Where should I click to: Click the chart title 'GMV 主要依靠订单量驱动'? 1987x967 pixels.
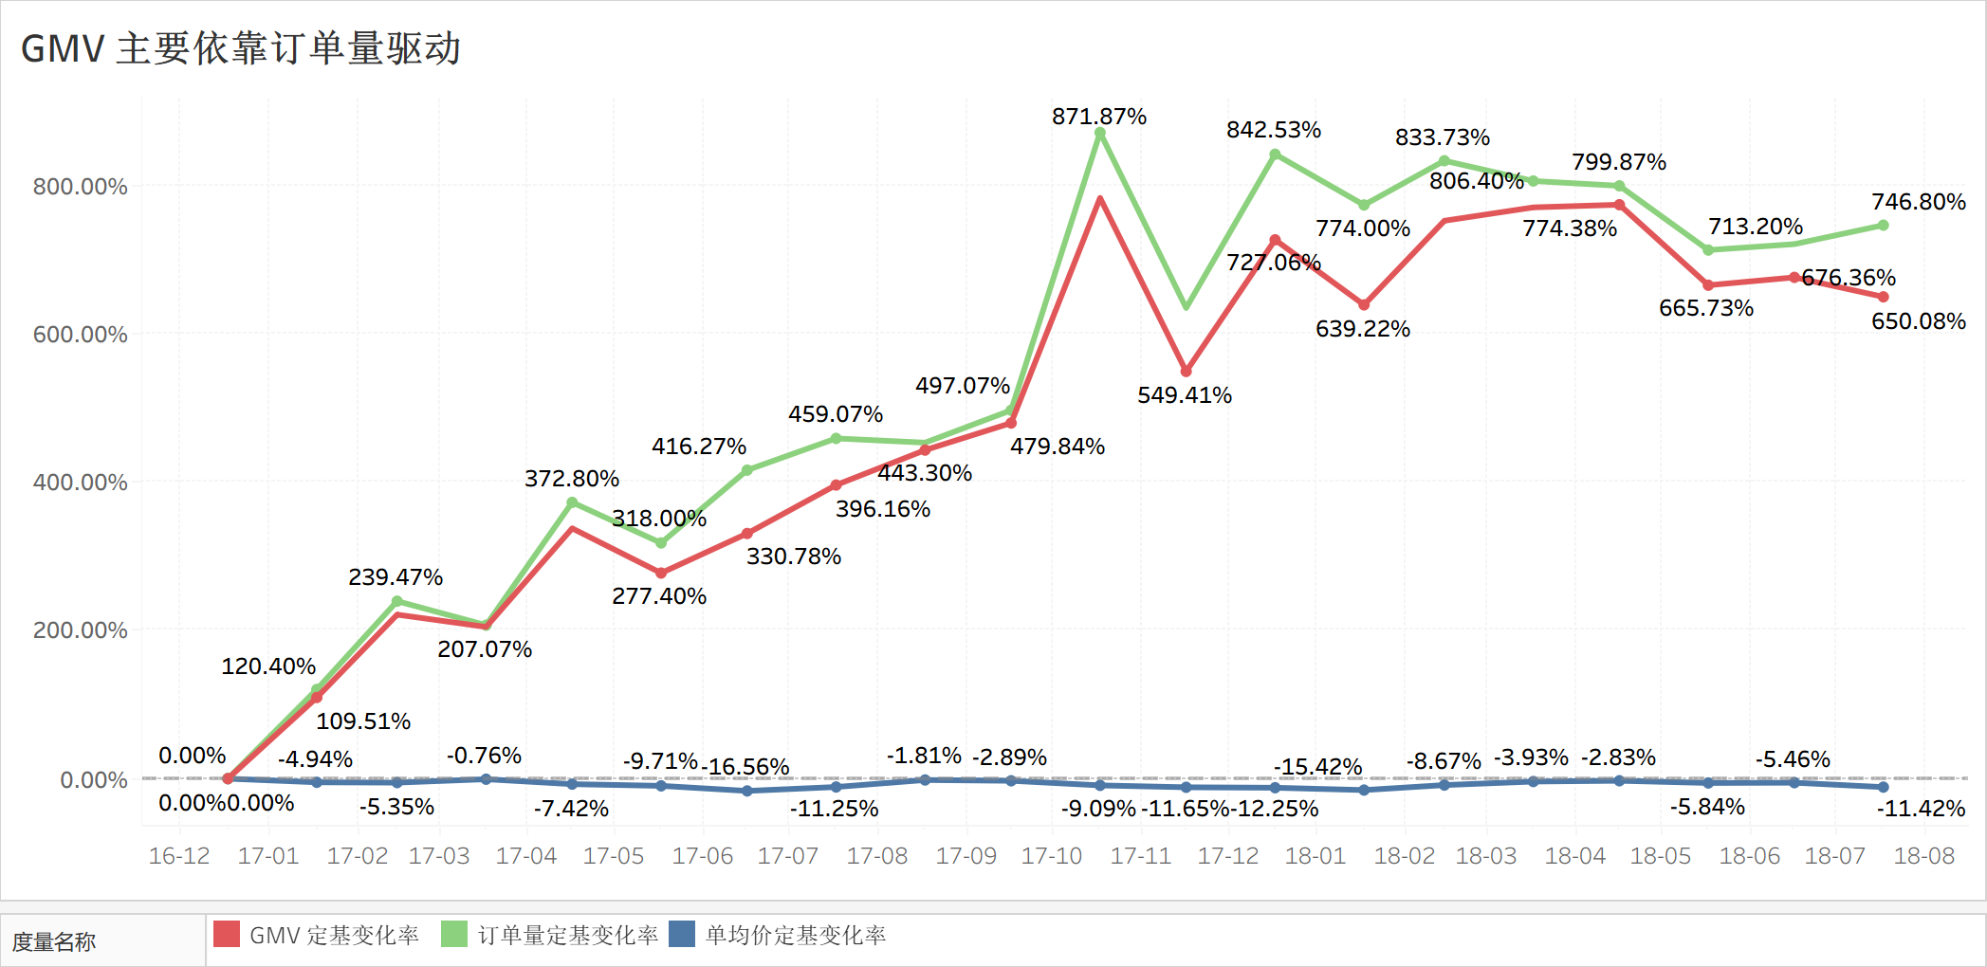(x=241, y=48)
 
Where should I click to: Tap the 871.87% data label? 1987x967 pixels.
(x=1099, y=117)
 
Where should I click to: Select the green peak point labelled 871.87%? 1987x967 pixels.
(x=1100, y=134)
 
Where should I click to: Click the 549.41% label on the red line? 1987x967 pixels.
(x=1185, y=395)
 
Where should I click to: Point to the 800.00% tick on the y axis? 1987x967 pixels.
(x=80, y=187)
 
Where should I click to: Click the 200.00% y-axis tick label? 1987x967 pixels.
(x=80, y=630)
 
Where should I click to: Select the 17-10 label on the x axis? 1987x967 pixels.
(x=1051, y=856)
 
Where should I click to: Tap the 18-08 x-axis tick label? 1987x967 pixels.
(x=1923, y=856)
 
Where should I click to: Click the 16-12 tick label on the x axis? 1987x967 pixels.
(x=179, y=856)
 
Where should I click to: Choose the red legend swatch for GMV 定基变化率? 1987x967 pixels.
(x=227, y=935)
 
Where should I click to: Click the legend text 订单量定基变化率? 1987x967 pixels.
(x=567, y=936)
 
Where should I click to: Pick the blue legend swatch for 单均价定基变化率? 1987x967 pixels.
(x=682, y=935)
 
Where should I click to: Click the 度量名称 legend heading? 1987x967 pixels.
(x=54, y=941)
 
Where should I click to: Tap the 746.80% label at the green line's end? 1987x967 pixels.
(x=1918, y=202)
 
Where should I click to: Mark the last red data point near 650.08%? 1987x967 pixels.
(x=1884, y=297)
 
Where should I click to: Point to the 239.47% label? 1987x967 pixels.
(x=396, y=577)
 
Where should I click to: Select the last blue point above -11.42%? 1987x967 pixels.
(x=1884, y=787)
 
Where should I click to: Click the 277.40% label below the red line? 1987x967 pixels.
(x=659, y=596)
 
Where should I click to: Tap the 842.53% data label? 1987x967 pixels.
(x=1274, y=130)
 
